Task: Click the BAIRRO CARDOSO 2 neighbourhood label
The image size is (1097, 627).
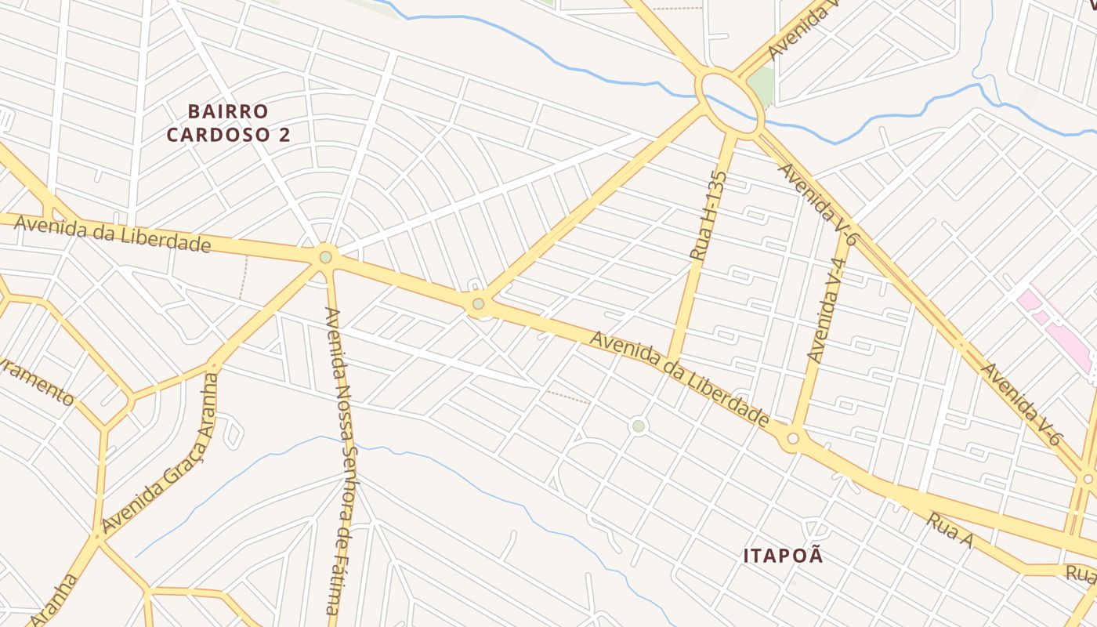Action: coord(228,123)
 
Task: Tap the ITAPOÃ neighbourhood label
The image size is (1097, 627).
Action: coord(784,556)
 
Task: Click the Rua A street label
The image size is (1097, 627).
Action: coord(949,531)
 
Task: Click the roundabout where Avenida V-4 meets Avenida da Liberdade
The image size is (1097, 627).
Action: coord(792,438)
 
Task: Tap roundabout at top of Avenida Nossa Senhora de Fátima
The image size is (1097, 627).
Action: coord(325,257)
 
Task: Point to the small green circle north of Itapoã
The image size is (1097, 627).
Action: coord(639,426)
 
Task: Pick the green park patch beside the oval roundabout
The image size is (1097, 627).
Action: coord(762,84)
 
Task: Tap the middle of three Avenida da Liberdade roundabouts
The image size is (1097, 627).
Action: coord(478,303)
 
